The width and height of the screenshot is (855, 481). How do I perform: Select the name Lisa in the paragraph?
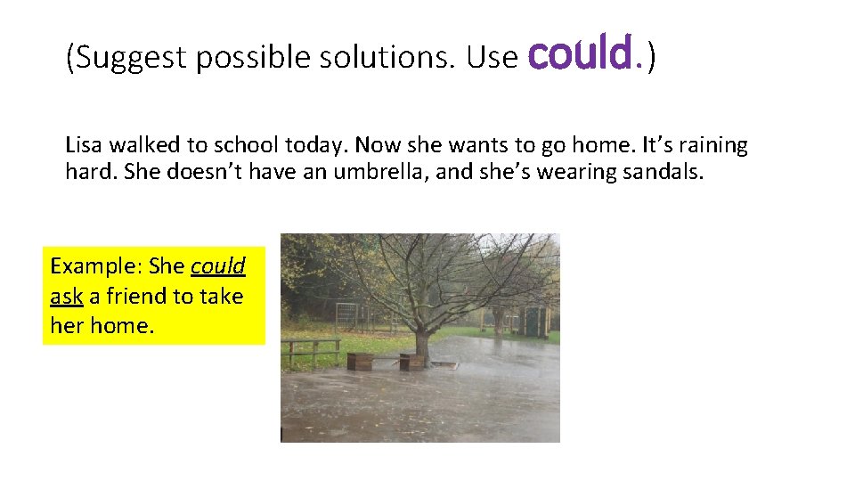[85, 145]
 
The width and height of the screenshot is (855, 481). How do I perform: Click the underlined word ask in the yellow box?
[66, 296]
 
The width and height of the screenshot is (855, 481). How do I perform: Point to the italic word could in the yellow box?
[217, 266]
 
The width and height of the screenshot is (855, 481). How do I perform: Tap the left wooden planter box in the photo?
[361, 361]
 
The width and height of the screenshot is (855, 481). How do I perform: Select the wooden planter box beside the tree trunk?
[411, 361]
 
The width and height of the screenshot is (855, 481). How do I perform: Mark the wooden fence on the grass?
[311, 350]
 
